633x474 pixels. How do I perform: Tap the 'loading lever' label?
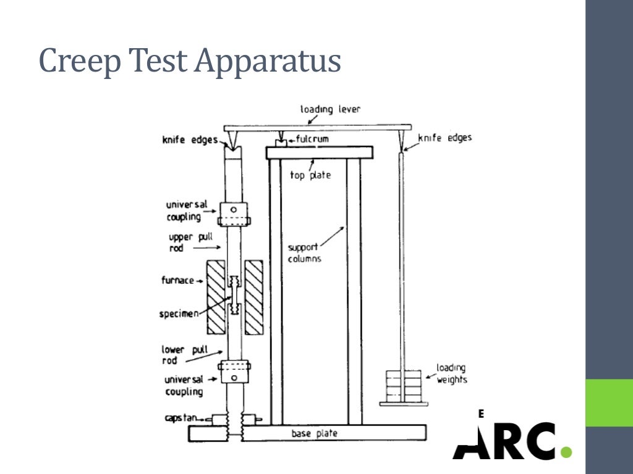pyautogui.click(x=330, y=109)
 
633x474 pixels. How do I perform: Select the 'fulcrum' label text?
pyautogui.click(x=312, y=139)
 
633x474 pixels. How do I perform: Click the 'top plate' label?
pyautogui.click(x=310, y=175)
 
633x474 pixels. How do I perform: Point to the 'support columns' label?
pyautogui.click(x=305, y=252)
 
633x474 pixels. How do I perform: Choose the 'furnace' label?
pyautogui.click(x=178, y=280)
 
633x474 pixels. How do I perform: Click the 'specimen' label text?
pyautogui.click(x=179, y=314)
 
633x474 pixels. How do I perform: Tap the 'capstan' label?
pyautogui.click(x=181, y=418)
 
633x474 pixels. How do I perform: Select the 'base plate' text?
pyautogui.click(x=315, y=434)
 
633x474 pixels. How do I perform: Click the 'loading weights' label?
pyautogui.click(x=452, y=374)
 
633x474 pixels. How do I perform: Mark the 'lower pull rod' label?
pyautogui.click(x=181, y=355)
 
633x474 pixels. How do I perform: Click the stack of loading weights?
pyautogui.click(x=402, y=385)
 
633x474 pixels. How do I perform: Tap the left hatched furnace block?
pyautogui.click(x=215, y=297)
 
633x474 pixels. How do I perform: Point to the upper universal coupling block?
pyautogui.click(x=234, y=213)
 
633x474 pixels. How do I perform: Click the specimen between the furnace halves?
pyautogui.click(x=234, y=295)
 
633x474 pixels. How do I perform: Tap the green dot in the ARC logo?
pyautogui.click(x=566, y=452)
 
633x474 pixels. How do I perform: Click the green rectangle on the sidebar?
pyautogui.click(x=609, y=402)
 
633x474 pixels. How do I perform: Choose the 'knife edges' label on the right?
pyautogui.click(x=445, y=138)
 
